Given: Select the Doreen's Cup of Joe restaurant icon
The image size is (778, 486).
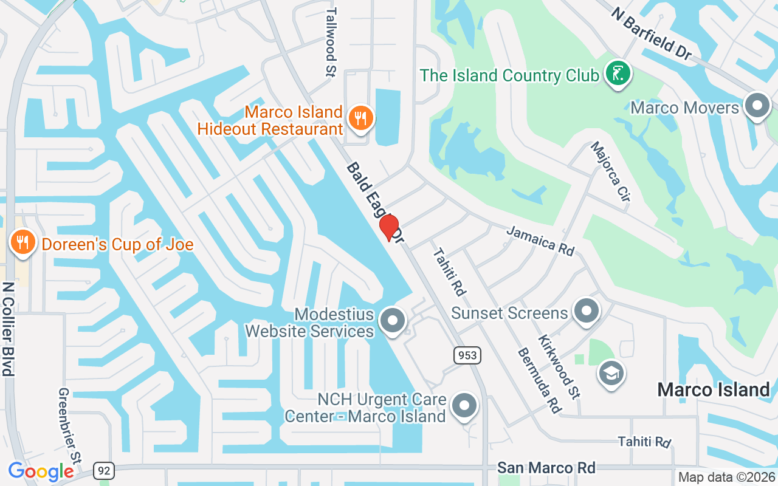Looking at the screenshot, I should point(23,243).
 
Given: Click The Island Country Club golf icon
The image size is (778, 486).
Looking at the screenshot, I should point(618,74).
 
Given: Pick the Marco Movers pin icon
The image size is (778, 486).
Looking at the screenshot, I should point(757,106).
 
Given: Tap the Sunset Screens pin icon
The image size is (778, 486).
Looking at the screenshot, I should point(586,311).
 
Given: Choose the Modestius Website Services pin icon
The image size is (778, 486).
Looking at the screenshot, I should point(392,320).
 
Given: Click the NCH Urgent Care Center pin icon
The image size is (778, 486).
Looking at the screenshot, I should point(465,405).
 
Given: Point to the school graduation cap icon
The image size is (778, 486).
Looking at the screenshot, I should point(611,373).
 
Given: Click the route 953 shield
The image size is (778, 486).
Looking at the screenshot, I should point(466,355).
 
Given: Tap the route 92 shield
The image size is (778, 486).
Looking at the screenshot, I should point(104,470).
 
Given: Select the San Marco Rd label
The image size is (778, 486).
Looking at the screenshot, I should point(546,467).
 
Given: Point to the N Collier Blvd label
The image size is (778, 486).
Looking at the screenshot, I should point(8,329).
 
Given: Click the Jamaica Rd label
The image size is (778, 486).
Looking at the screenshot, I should point(540,241).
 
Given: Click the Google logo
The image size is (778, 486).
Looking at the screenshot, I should point(41,471).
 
